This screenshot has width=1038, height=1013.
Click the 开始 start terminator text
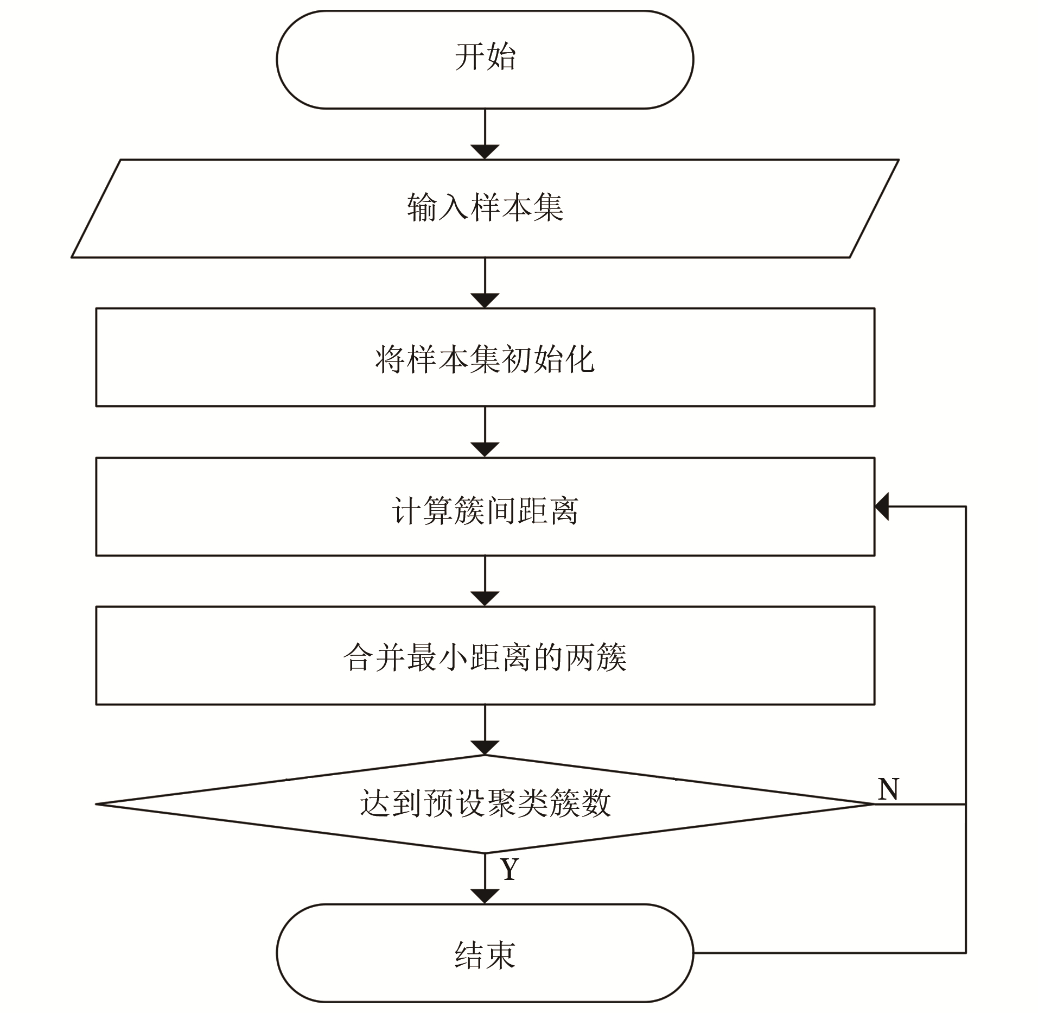click(485, 57)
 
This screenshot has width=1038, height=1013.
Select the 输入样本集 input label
click(485, 207)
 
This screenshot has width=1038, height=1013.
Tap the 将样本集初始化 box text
click(485, 359)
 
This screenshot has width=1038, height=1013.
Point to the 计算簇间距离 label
click(485, 510)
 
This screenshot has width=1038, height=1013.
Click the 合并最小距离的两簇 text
click(485, 657)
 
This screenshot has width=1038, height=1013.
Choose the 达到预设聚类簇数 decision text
click(485, 803)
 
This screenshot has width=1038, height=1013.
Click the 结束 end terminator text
click(485, 955)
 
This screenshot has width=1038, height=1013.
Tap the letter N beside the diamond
click(888, 789)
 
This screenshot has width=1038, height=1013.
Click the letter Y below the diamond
click(510, 869)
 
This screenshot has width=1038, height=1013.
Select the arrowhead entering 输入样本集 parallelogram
click(485, 152)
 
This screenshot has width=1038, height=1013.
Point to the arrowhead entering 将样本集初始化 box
click(485, 301)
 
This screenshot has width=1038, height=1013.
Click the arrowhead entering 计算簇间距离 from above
click(485, 450)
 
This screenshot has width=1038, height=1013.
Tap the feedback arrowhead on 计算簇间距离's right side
click(881, 506)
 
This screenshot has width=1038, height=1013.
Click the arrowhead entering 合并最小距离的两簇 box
click(485, 599)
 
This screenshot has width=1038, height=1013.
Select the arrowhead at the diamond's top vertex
click(485, 748)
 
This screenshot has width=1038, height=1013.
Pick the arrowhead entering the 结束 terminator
click(485, 897)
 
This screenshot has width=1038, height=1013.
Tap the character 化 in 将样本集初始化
click(580, 359)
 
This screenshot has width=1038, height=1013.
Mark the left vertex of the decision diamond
click(96, 804)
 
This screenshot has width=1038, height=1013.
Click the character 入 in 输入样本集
click(454, 207)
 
